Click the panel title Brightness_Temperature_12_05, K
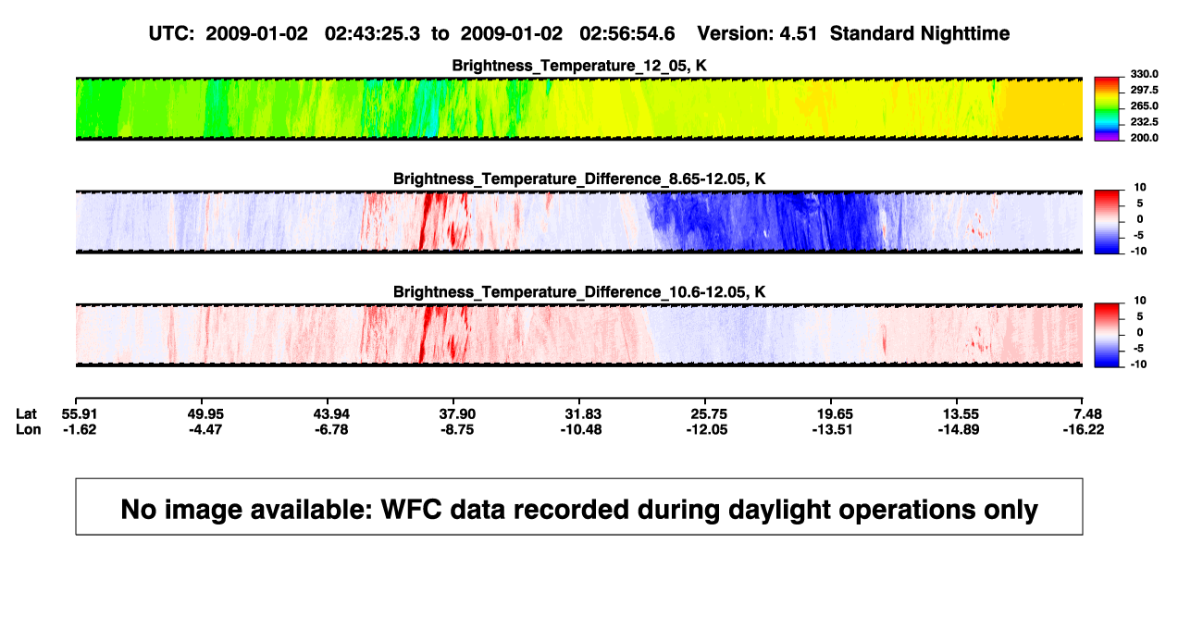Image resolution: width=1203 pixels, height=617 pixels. click(x=579, y=66)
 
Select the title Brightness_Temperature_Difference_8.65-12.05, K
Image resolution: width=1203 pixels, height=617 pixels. click(x=579, y=179)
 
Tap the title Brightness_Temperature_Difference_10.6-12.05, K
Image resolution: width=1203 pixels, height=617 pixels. click(x=579, y=292)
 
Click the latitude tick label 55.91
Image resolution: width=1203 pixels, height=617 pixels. click(x=80, y=414)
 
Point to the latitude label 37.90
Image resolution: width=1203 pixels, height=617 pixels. click(x=457, y=414)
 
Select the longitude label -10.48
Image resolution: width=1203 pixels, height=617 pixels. click(x=581, y=429)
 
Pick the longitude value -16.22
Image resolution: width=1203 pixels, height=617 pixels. click(x=1084, y=429)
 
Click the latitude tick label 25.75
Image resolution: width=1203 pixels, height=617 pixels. click(x=709, y=414)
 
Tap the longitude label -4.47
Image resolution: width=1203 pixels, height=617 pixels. click(x=205, y=429)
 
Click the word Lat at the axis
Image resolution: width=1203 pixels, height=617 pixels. click(x=26, y=414)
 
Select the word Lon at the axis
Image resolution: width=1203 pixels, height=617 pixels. click(x=29, y=429)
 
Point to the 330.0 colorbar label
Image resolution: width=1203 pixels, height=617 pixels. click(x=1144, y=74)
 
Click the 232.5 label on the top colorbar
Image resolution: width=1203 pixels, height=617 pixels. click(x=1144, y=122)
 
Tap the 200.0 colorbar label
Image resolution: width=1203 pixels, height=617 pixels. click(x=1144, y=138)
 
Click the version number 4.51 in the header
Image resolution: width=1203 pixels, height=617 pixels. click(x=798, y=33)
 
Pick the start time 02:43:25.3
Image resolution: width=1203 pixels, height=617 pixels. click(x=372, y=33)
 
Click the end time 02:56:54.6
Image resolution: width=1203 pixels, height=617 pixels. click(x=627, y=33)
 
